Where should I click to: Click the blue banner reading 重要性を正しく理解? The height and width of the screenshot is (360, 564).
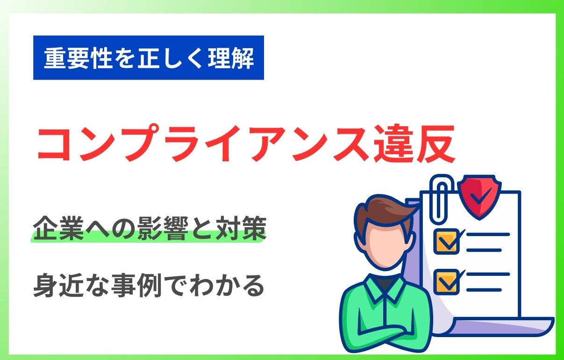click(149, 58)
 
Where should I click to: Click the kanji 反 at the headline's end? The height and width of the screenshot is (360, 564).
click(435, 144)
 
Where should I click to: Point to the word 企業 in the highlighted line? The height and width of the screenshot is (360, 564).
click(58, 228)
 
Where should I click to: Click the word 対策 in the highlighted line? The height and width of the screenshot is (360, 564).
click(241, 228)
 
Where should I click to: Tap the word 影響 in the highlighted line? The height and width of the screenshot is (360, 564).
click(163, 228)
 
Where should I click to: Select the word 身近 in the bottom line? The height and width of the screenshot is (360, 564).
click(58, 285)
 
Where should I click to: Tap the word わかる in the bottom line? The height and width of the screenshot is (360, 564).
click(227, 286)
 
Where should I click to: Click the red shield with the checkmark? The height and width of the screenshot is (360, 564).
click(479, 197)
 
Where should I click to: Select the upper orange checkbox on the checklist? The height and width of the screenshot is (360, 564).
click(446, 241)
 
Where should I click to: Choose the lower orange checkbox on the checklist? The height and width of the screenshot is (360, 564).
click(446, 281)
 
